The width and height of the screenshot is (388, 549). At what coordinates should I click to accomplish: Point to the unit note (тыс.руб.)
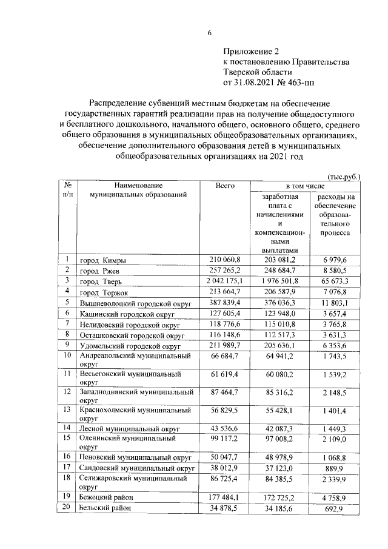(344, 177)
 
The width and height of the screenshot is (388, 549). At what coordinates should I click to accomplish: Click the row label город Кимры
(102, 261)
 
